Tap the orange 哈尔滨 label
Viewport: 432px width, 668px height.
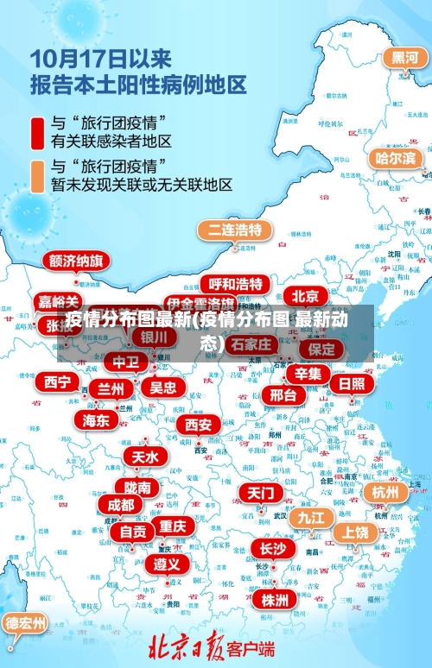pyautogui.click(x=396, y=158)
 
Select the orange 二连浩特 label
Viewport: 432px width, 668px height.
pyautogui.click(x=234, y=230)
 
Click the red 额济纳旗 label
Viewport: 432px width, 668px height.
pyautogui.click(x=76, y=261)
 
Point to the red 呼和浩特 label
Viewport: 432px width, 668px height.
pyautogui.click(x=235, y=284)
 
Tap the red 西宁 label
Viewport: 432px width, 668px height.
pyautogui.click(x=59, y=381)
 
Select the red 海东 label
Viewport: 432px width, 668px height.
pyautogui.click(x=96, y=419)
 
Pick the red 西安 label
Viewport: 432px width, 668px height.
pyautogui.click(x=198, y=425)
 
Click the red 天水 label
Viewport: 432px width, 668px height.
pyautogui.click(x=144, y=457)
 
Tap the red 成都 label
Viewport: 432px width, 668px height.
pyautogui.click(x=120, y=504)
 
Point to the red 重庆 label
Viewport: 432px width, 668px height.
pyautogui.click(x=172, y=526)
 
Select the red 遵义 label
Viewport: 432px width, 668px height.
pyautogui.click(x=167, y=564)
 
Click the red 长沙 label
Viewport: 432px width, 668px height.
pyautogui.click(x=273, y=548)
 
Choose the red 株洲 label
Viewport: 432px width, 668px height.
pyautogui.click(x=275, y=600)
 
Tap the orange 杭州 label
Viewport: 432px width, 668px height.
pyautogui.click(x=385, y=492)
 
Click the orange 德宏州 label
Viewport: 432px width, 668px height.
pyautogui.click(x=26, y=622)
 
